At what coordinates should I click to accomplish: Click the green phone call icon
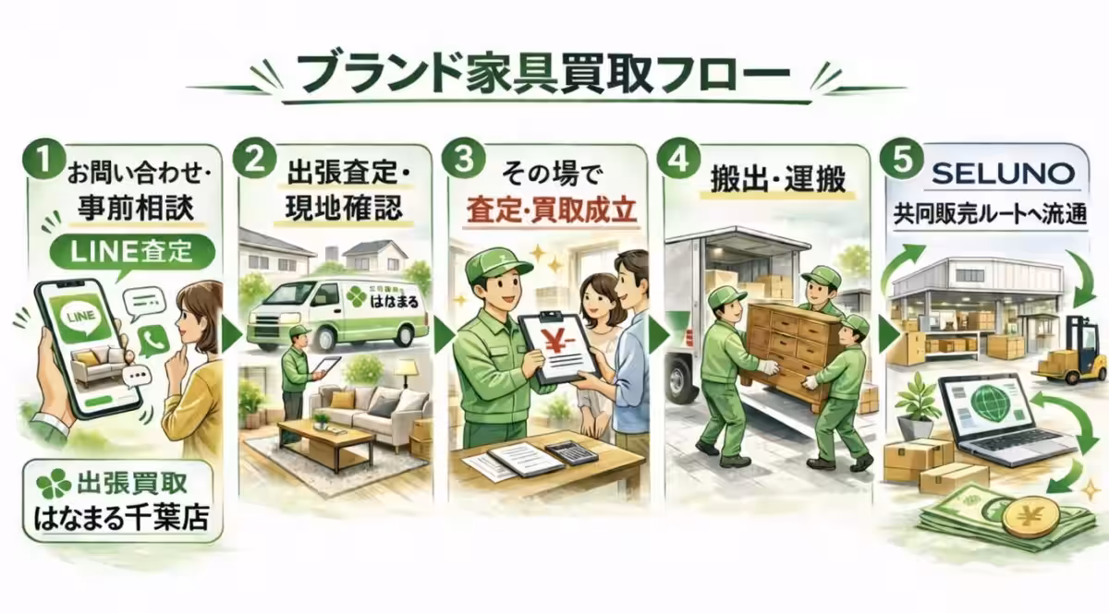tap(151, 340)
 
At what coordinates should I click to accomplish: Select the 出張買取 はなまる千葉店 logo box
tap(116, 500)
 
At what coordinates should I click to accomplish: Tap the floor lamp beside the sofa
tap(406, 379)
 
